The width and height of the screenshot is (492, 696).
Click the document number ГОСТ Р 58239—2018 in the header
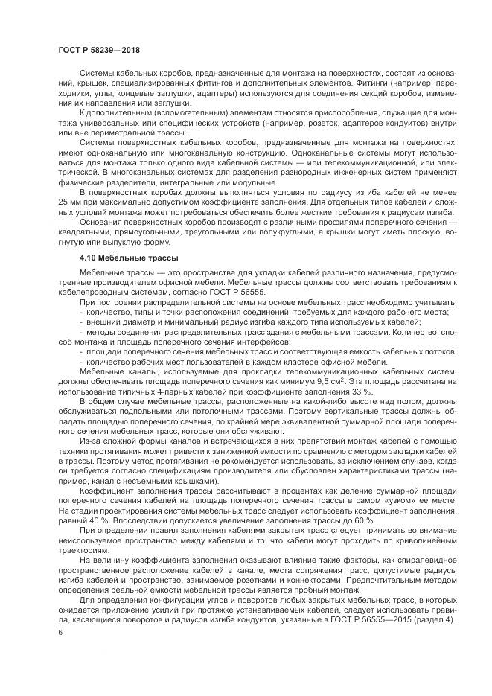98,49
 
